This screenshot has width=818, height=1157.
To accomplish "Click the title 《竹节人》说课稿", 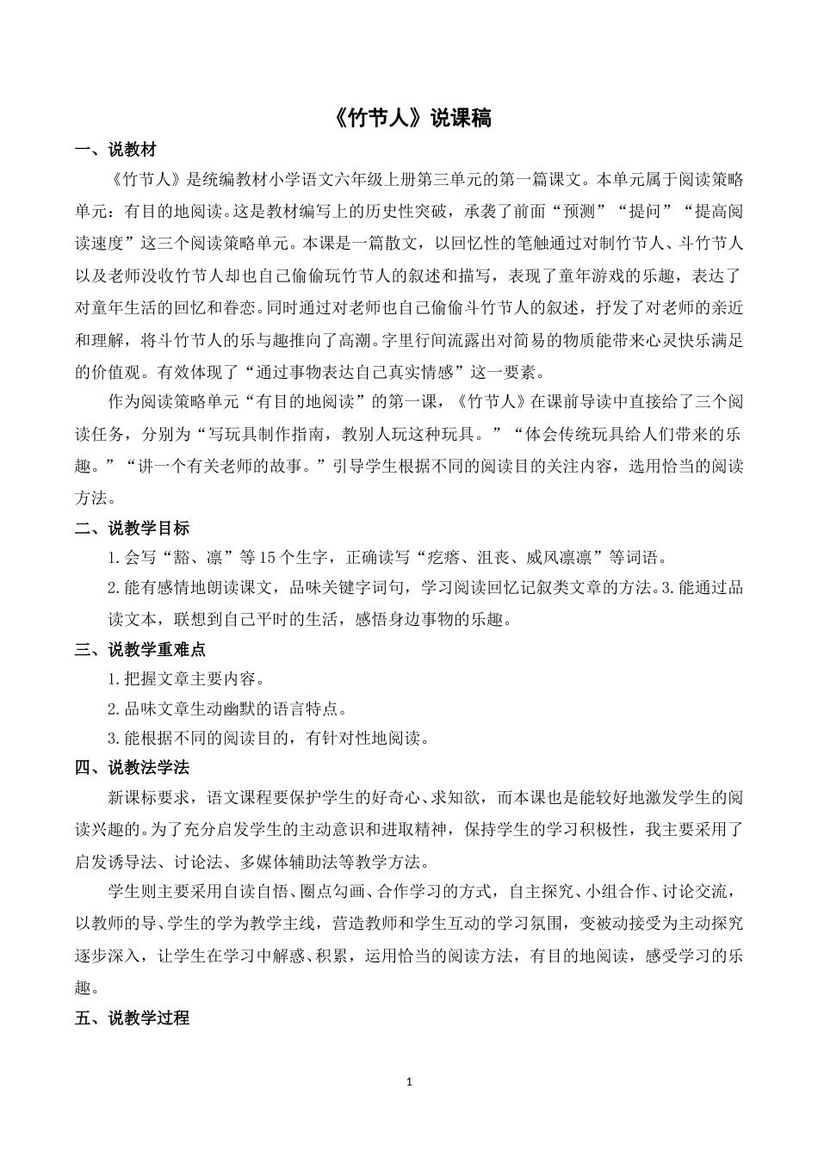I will coord(410,119).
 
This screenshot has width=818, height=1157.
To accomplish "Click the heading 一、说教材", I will coord(115,151).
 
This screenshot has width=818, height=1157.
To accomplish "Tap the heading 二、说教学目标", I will coord(132,528).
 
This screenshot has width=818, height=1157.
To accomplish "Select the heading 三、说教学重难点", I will coord(140,649).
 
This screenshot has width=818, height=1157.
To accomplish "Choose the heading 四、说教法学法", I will coord(132,767).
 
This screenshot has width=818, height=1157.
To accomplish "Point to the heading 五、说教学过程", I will coord(132,1018).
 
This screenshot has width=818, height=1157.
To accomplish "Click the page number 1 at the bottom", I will coord(409,1081).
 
